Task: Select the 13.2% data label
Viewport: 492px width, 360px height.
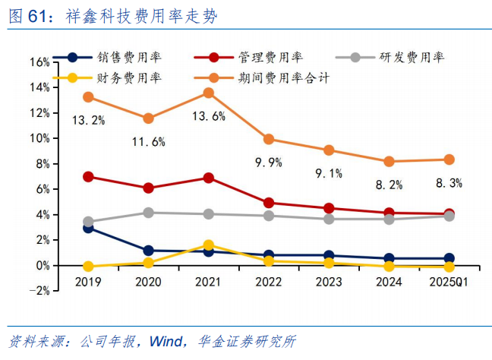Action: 88,120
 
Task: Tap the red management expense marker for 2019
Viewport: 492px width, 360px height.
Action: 89,177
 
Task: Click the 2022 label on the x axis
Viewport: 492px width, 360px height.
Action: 269,281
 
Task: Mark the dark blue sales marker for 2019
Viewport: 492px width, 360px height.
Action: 89,227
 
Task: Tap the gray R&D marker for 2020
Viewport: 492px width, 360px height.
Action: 149,213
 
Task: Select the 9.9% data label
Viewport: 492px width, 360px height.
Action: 269,162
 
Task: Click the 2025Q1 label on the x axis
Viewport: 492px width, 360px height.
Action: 449,281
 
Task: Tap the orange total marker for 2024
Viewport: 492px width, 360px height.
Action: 389,161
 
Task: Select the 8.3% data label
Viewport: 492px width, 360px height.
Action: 448,182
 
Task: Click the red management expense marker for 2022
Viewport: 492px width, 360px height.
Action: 269,203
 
